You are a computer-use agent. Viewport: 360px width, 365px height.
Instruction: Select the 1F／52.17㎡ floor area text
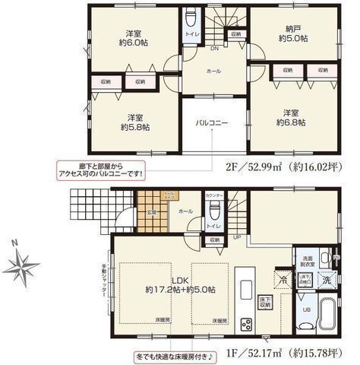(x=281, y=353)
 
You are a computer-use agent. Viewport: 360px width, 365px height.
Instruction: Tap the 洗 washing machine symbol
(x=327, y=279)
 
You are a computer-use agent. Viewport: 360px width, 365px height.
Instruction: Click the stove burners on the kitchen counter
(x=247, y=324)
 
